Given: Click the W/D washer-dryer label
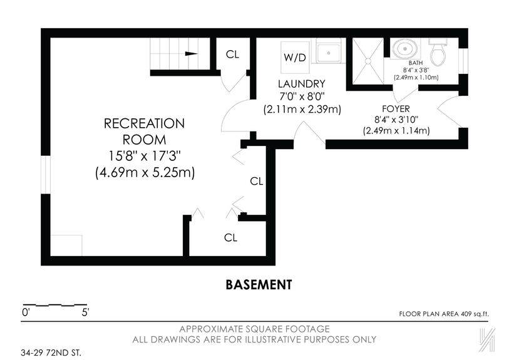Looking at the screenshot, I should (295, 57).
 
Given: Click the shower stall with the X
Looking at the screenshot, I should (368, 61).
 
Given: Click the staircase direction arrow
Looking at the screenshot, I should (192, 54).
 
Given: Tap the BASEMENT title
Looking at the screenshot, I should (259, 285).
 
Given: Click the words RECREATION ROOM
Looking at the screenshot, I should (144, 131).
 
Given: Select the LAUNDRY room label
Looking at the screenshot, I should (302, 84).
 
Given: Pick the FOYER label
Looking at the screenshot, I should (396, 108).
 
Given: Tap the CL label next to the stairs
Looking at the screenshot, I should (232, 54).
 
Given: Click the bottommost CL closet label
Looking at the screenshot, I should (231, 237).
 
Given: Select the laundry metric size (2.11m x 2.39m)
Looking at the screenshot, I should (302, 109).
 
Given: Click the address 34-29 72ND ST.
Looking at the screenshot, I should (51, 352).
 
